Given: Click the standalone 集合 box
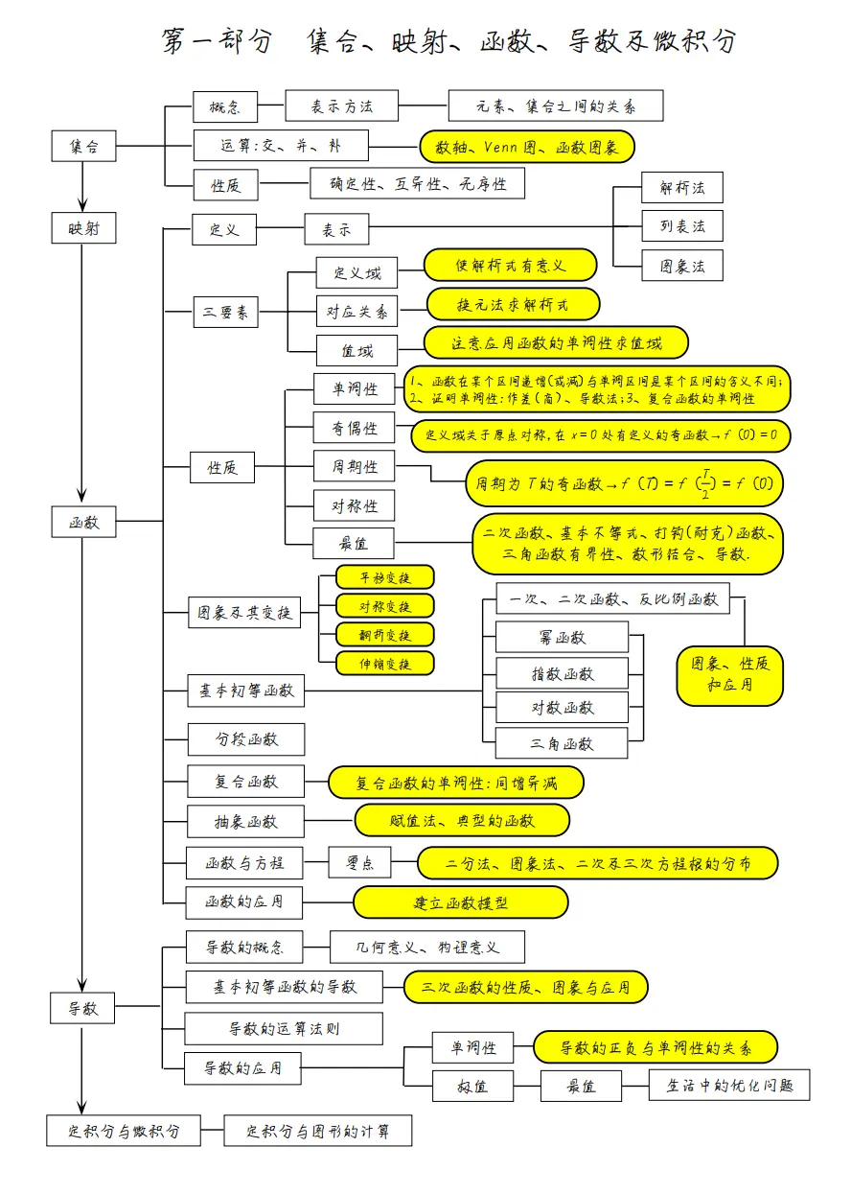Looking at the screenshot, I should [x=83, y=147].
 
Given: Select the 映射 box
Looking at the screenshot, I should [x=83, y=227].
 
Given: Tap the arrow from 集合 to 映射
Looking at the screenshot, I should [x=83, y=187].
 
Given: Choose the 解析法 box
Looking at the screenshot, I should [x=681, y=188].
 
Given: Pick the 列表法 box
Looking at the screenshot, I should [x=681, y=226].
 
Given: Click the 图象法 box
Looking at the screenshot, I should [x=681, y=266].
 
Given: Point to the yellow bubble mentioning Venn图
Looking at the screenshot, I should [x=527, y=147].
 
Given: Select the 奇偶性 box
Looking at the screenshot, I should [x=354, y=428].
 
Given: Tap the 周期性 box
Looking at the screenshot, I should [x=354, y=467].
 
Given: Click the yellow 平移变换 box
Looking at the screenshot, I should [x=384, y=576].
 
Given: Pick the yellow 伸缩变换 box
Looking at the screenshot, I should [x=384, y=663].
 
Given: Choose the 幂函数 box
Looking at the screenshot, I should [x=562, y=637].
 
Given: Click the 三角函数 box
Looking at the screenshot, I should [x=562, y=743].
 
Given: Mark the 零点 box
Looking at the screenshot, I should [x=359, y=863].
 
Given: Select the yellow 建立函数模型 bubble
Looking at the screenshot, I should [x=461, y=902].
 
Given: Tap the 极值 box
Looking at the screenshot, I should [x=472, y=1087].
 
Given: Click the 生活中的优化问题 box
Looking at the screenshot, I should [x=729, y=1086].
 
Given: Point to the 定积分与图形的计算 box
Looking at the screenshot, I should [x=318, y=1131].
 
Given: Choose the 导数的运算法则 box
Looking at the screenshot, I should [x=284, y=1029].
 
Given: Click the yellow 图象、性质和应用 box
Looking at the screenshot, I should [x=729, y=675].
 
